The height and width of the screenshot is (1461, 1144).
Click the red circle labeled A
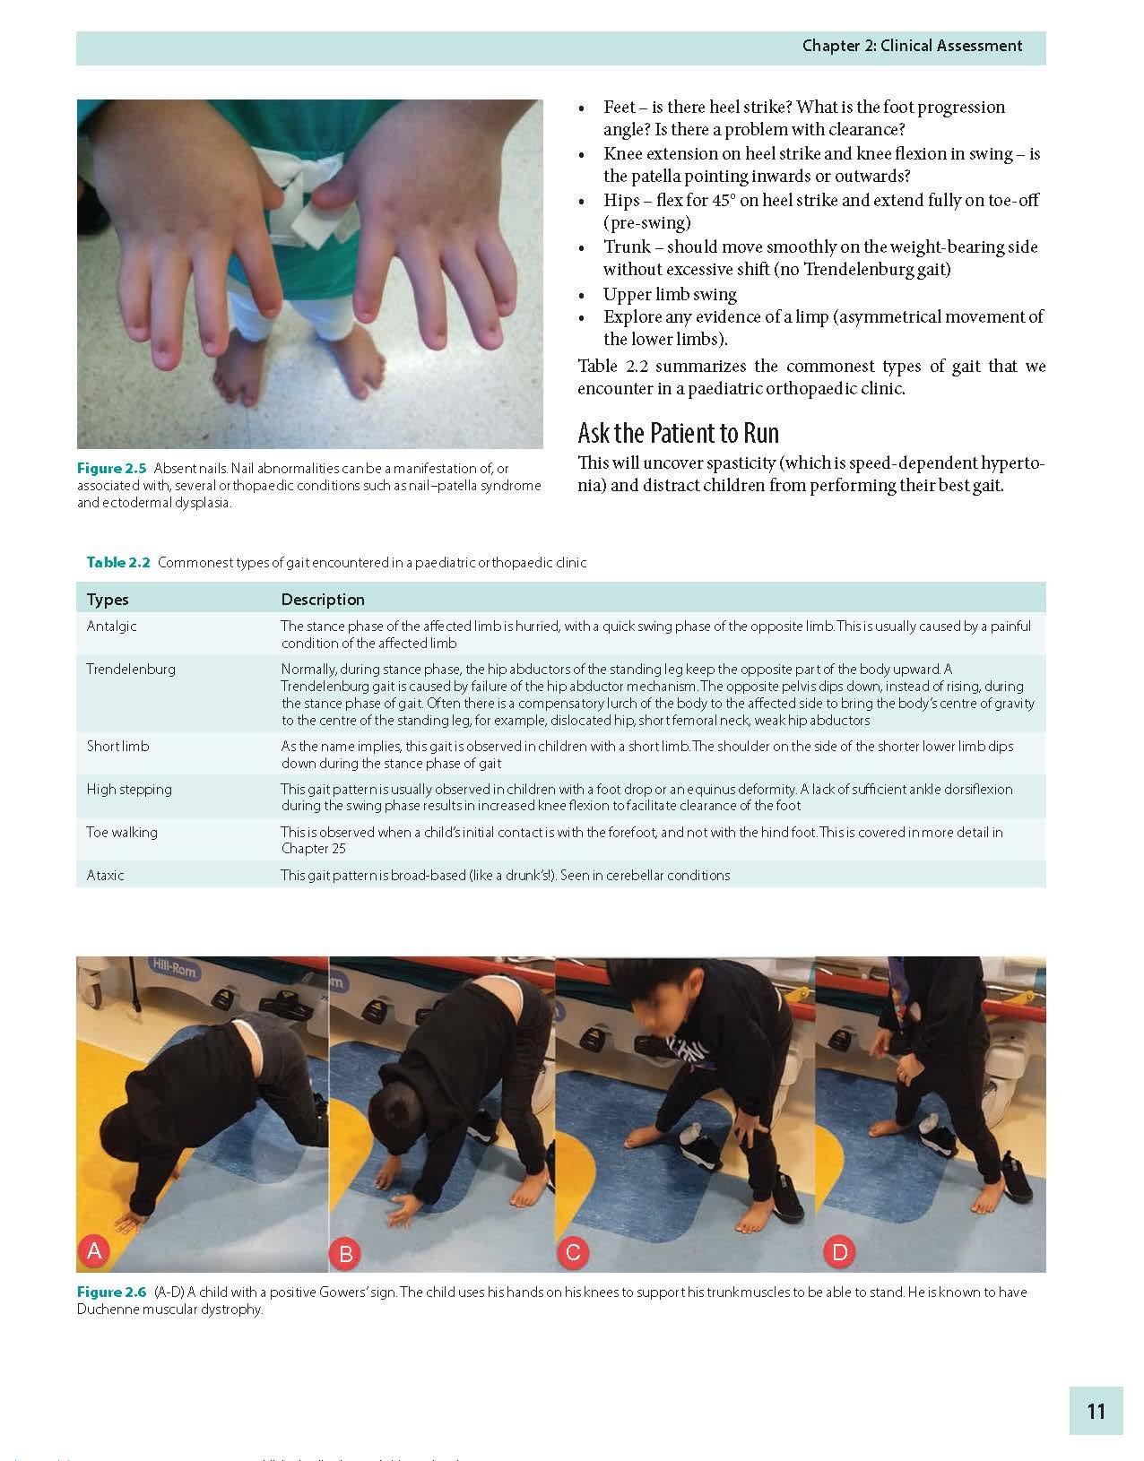(x=95, y=1251)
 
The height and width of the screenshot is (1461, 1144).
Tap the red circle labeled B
(x=345, y=1254)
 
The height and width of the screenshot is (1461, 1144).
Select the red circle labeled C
(x=573, y=1252)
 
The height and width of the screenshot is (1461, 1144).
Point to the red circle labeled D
(x=840, y=1252)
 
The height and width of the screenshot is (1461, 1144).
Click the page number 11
(x=1096, y=1411)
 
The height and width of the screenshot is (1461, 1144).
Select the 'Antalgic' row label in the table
(x=111, y=626)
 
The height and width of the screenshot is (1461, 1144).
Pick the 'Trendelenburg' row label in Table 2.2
(x=131, y=669)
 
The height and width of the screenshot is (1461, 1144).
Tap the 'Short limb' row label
(x=117, y=746)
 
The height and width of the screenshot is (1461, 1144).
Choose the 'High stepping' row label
(x=128, y=789)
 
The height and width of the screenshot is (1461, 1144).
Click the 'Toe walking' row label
(x=122, y=832)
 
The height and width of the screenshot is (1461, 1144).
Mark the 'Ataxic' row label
(x=105, y=875)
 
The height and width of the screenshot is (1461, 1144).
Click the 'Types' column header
(x=108, y=600)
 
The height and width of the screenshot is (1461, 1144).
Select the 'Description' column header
(x=323, y=600)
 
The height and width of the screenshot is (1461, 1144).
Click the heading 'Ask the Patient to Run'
(x=678, y=434)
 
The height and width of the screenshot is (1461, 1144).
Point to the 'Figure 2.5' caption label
(x=111, y=469)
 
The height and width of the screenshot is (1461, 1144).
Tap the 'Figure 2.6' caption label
(x=111, y=1292)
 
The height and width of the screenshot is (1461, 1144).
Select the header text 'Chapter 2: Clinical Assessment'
(x=912, y=46)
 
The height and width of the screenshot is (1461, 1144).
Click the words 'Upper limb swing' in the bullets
(x=670, y=294)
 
